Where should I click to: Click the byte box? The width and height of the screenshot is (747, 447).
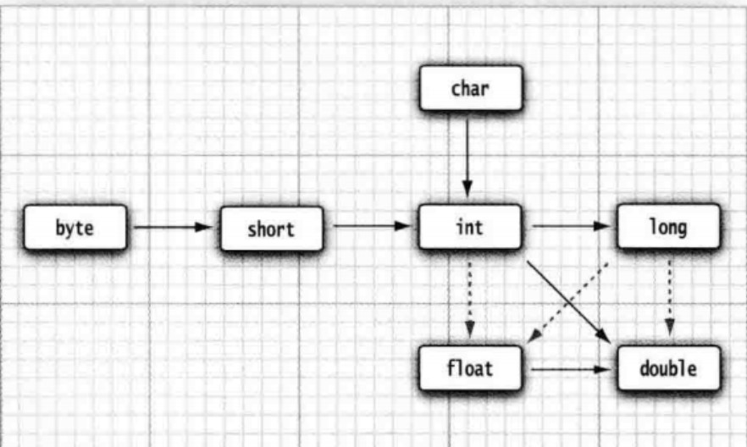click(75, 228)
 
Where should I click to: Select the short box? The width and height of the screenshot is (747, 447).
click(271, 229)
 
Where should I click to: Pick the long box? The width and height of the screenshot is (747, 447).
click(669, 227)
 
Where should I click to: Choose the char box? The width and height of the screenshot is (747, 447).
click(470, 88)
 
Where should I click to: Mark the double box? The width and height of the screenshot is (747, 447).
click(669, 369)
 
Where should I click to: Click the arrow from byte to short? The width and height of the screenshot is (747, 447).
click(173, 227)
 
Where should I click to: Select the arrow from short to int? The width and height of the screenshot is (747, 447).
click(371, 226)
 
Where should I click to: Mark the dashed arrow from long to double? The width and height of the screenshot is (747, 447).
click(669, 296)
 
